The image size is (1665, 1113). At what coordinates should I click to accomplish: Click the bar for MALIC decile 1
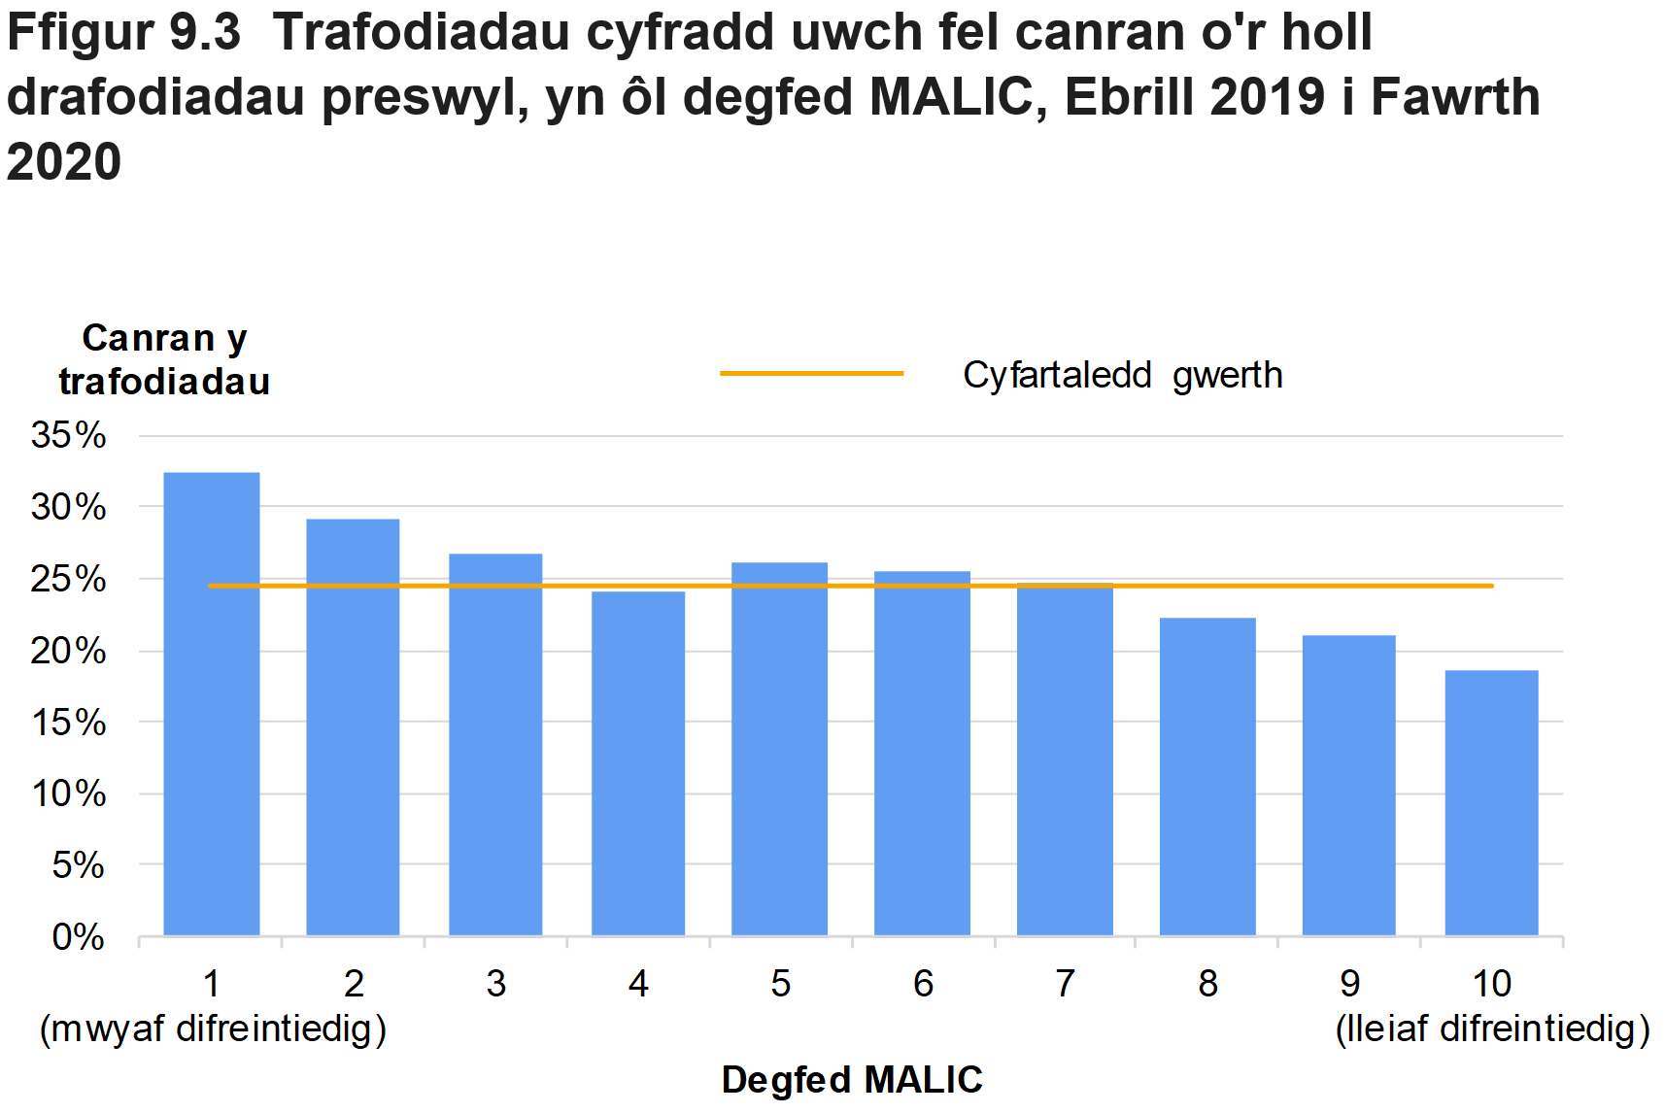point(211,704)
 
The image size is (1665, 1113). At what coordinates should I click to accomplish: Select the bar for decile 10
point(1491,803)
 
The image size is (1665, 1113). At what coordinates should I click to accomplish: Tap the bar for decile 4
point(637,763)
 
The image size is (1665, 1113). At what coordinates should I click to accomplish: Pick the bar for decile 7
point(1065,759)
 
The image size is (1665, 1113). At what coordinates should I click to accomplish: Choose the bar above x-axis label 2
point(353,727)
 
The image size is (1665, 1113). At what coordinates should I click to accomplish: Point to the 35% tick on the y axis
point(68,435)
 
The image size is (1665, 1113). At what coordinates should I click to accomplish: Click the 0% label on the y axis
point(78,937)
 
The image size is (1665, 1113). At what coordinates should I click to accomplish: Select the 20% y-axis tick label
point(68,651)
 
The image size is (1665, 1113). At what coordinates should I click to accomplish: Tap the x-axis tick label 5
point(780,984)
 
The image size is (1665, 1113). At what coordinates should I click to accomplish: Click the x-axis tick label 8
point(1207,984)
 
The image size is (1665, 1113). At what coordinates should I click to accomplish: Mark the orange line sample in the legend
point(811,373)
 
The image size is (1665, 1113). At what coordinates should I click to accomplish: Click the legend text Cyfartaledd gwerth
point(1122,375)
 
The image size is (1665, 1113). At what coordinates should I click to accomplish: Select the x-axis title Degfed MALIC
point(852,1080)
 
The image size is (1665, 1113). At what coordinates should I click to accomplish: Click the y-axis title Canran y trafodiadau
point(164,359)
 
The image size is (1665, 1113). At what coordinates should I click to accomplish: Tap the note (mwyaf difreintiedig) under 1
point(213,1029)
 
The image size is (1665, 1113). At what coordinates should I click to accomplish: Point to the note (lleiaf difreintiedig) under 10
point(1492,1029)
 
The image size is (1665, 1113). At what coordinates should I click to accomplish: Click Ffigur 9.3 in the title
point(123,32)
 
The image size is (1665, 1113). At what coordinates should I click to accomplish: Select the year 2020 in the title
point(64,161)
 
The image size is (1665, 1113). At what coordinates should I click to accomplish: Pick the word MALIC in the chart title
point(950,97)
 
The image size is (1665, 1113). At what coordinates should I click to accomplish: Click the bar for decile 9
point(1348,786)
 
